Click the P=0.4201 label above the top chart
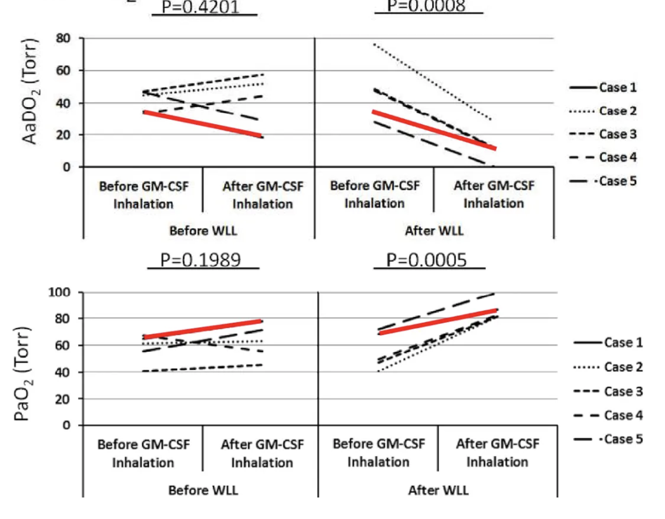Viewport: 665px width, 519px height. tap(200, 7)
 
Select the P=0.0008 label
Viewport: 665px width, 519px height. tap(426, 6)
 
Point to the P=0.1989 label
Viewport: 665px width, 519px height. tap(200, 260)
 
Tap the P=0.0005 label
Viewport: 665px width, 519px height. tap(426, 260)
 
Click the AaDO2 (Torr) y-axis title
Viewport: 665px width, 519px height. tap(30, 91)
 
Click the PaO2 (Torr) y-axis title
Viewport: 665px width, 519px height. tap(22, 374)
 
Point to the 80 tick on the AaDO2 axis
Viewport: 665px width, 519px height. tap(63, 38)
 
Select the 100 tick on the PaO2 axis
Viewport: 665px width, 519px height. tap(59, 292)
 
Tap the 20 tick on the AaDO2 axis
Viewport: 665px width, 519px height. tap(63, 135)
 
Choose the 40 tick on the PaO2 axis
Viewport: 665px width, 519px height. tap(62, 372)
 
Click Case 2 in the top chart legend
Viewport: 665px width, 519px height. tap(618, 111)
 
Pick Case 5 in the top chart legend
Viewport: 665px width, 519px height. tap(618, 181)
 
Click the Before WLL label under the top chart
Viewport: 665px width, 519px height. tap(203, 231)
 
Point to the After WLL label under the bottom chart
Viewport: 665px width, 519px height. tap(438, 490)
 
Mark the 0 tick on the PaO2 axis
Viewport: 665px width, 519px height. tap(66, 425)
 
